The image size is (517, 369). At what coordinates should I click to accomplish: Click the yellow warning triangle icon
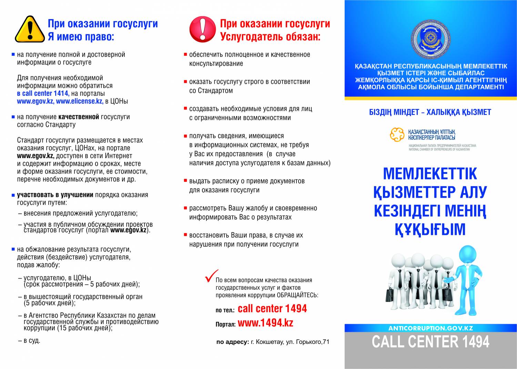pyautogui.click(x=30, y=30)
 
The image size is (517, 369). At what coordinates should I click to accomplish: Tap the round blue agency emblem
pyautogui.click(x=430, y=39)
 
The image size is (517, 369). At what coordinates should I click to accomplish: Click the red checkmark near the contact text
pyautogui.click(x=211, y=276)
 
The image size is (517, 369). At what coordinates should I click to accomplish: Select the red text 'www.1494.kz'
pyautogui.click(x=265, y=323)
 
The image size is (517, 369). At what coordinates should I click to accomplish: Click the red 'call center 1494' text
pyautogui.click(x=272, y=308)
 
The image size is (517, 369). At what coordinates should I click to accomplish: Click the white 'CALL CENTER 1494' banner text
pyautogui.click(x=430, y=342)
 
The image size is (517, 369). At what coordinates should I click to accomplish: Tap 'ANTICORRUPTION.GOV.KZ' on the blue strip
pyautogui.click(x=430, y=328)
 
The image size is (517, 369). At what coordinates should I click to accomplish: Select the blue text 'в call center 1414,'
pyautogui.click(x=43, y=93)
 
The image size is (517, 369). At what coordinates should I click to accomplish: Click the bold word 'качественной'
pyautogui.click(x=79, y=117)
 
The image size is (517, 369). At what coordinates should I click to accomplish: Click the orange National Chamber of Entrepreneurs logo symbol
pyautogui.click(x=397, y=134)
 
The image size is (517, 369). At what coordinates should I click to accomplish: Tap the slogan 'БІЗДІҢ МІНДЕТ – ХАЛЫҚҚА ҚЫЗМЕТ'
pyautogui.click(x=430, y=112)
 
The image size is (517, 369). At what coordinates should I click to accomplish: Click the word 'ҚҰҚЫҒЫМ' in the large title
pyautogui.click(x=430, y=229)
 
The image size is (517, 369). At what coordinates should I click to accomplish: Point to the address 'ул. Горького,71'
pyautogui.click(x=308, y=342)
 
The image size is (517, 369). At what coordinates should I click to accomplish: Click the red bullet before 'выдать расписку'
pyautogui.click(x=185, y=181)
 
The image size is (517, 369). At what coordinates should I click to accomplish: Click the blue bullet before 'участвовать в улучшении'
pyautogui.click(x=13, y=195)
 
